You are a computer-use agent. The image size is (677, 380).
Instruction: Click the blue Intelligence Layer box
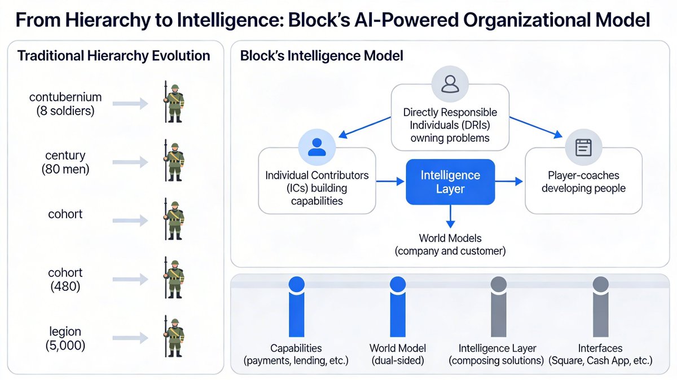pos(450,182)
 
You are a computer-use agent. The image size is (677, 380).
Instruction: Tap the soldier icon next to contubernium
pos(174,103)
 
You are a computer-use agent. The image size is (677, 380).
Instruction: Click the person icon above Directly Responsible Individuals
pos(450,84)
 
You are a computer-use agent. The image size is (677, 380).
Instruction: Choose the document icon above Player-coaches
pos(583,148)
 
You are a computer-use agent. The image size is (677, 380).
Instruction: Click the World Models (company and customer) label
pos(450,244)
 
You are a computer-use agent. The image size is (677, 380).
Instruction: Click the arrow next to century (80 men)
pos(130,162)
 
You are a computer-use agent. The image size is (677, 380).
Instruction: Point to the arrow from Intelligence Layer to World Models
pos(450,216)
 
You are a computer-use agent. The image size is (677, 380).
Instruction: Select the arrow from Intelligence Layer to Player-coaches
pos(509,182)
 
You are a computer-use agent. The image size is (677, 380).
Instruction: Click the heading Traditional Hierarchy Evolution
pos(114,56)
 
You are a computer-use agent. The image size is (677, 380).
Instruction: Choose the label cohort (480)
pos(65,280)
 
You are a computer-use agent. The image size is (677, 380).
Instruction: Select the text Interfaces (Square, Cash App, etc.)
pos(600,355)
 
